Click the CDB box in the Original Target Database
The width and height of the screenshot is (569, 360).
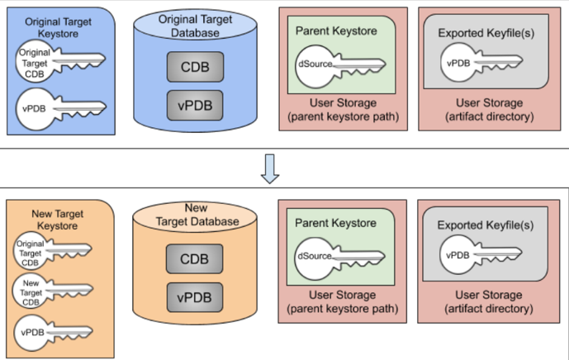click(193, 67)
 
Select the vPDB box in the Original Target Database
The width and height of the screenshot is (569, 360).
click(193, 104)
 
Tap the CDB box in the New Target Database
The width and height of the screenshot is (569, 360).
click(193, 259)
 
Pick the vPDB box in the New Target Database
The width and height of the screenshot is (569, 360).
click(193, 296)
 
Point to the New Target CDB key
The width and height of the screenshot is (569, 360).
click(50, 291)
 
